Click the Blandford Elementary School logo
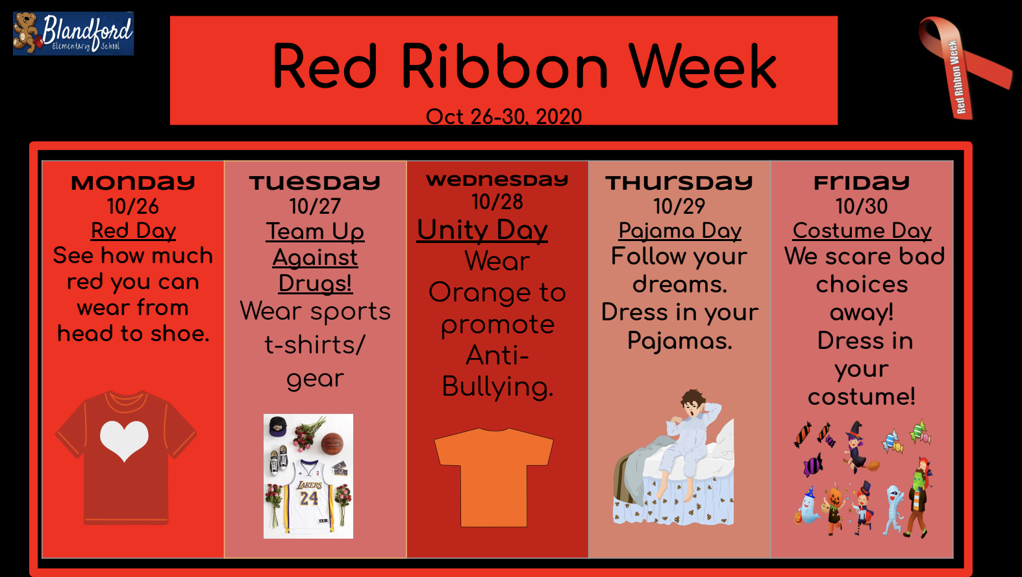(x=73, y=33)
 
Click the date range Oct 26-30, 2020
(x=504, y=116)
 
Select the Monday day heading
(x=132, y=183)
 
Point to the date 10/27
(x=316, y=207)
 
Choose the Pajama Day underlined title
(x=680, y=231)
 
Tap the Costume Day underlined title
(x=862, y=231)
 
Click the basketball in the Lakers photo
(x=332, y=444)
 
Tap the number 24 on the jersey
(x=309, y=498)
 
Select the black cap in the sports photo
(x=278, y=426)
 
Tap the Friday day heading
(x=862, y=183)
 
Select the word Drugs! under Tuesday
(x=316, y=283)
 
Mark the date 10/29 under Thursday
(x=679, y=207)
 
